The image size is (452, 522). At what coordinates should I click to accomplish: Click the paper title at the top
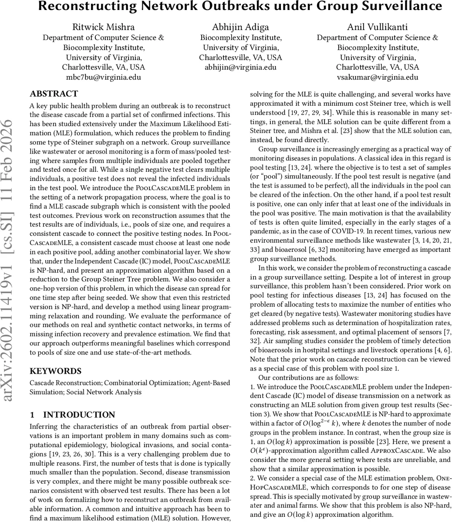point(240,7)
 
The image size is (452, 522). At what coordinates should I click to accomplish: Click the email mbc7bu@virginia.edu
point(103,78)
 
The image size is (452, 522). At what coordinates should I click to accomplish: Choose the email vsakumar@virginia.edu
point(377,78)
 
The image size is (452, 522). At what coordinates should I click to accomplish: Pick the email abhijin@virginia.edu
point(240,67)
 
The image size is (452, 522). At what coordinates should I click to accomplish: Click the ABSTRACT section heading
point(54,94)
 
